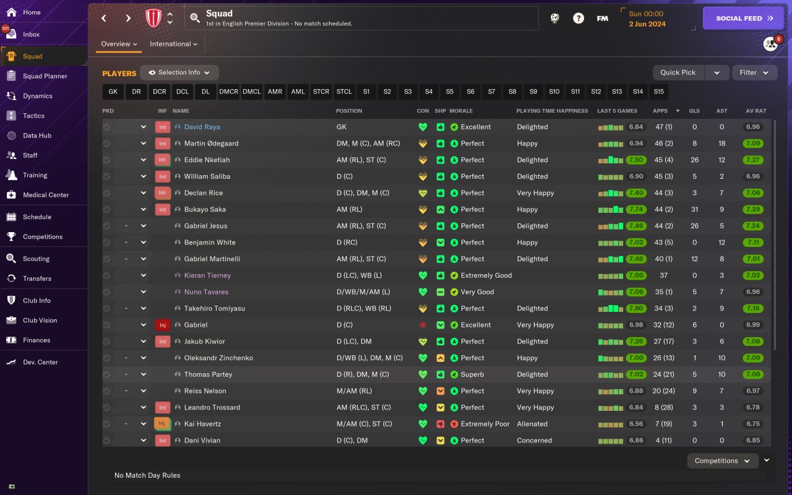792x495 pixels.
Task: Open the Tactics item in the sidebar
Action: tap(33, 116)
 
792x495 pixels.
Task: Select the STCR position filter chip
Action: tap(321, 92)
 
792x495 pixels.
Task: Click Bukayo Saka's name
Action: tap(205, 209)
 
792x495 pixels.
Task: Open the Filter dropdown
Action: tap(754, 72)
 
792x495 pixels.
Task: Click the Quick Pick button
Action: tap(678, 72)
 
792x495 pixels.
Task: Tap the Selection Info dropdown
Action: tap(179, 72)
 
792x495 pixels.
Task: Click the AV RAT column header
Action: tap(755, 111)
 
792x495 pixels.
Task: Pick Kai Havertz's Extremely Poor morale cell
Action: tap(485, 424)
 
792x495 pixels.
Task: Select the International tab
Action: tap(173, 44)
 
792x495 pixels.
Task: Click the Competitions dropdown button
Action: tap(722, 461)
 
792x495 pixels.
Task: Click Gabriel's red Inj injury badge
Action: tap(162, 325)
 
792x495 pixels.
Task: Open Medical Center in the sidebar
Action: tap(46, 195)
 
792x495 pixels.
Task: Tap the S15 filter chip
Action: tap(658, 92)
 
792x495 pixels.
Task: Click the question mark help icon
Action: tap(578, 19)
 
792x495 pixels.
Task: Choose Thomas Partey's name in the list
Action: tap(208, 374)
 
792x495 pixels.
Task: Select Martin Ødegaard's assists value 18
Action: tap(721, 144)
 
